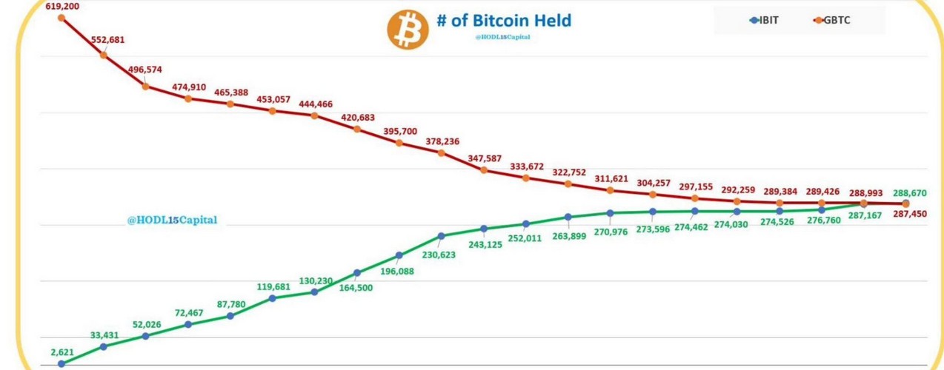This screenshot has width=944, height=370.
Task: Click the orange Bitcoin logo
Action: coord(408,30)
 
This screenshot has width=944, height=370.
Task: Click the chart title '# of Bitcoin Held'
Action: coord(504,20)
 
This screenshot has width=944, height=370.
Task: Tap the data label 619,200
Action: coord(62,6)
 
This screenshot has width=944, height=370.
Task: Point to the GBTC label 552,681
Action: coord(107,40)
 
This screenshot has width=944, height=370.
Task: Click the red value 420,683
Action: coord(358,118)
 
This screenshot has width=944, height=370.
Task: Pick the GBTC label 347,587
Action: coord(485,158)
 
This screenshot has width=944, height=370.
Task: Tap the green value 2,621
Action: coord(62,352)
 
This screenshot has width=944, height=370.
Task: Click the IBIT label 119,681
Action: coord(273,287)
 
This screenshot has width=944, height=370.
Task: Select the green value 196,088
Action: coord(397,272)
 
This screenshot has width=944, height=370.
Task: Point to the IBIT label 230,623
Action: coord(439,255)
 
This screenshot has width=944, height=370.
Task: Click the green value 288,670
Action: coord(910,193)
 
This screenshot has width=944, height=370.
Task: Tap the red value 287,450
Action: coord(910,214)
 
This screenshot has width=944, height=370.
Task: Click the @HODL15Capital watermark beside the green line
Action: coord(172,220)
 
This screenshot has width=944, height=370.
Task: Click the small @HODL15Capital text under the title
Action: coord(503,37)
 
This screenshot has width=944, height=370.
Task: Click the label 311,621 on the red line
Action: coord(611,178)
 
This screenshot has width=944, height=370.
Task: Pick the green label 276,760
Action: coord(822,220)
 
